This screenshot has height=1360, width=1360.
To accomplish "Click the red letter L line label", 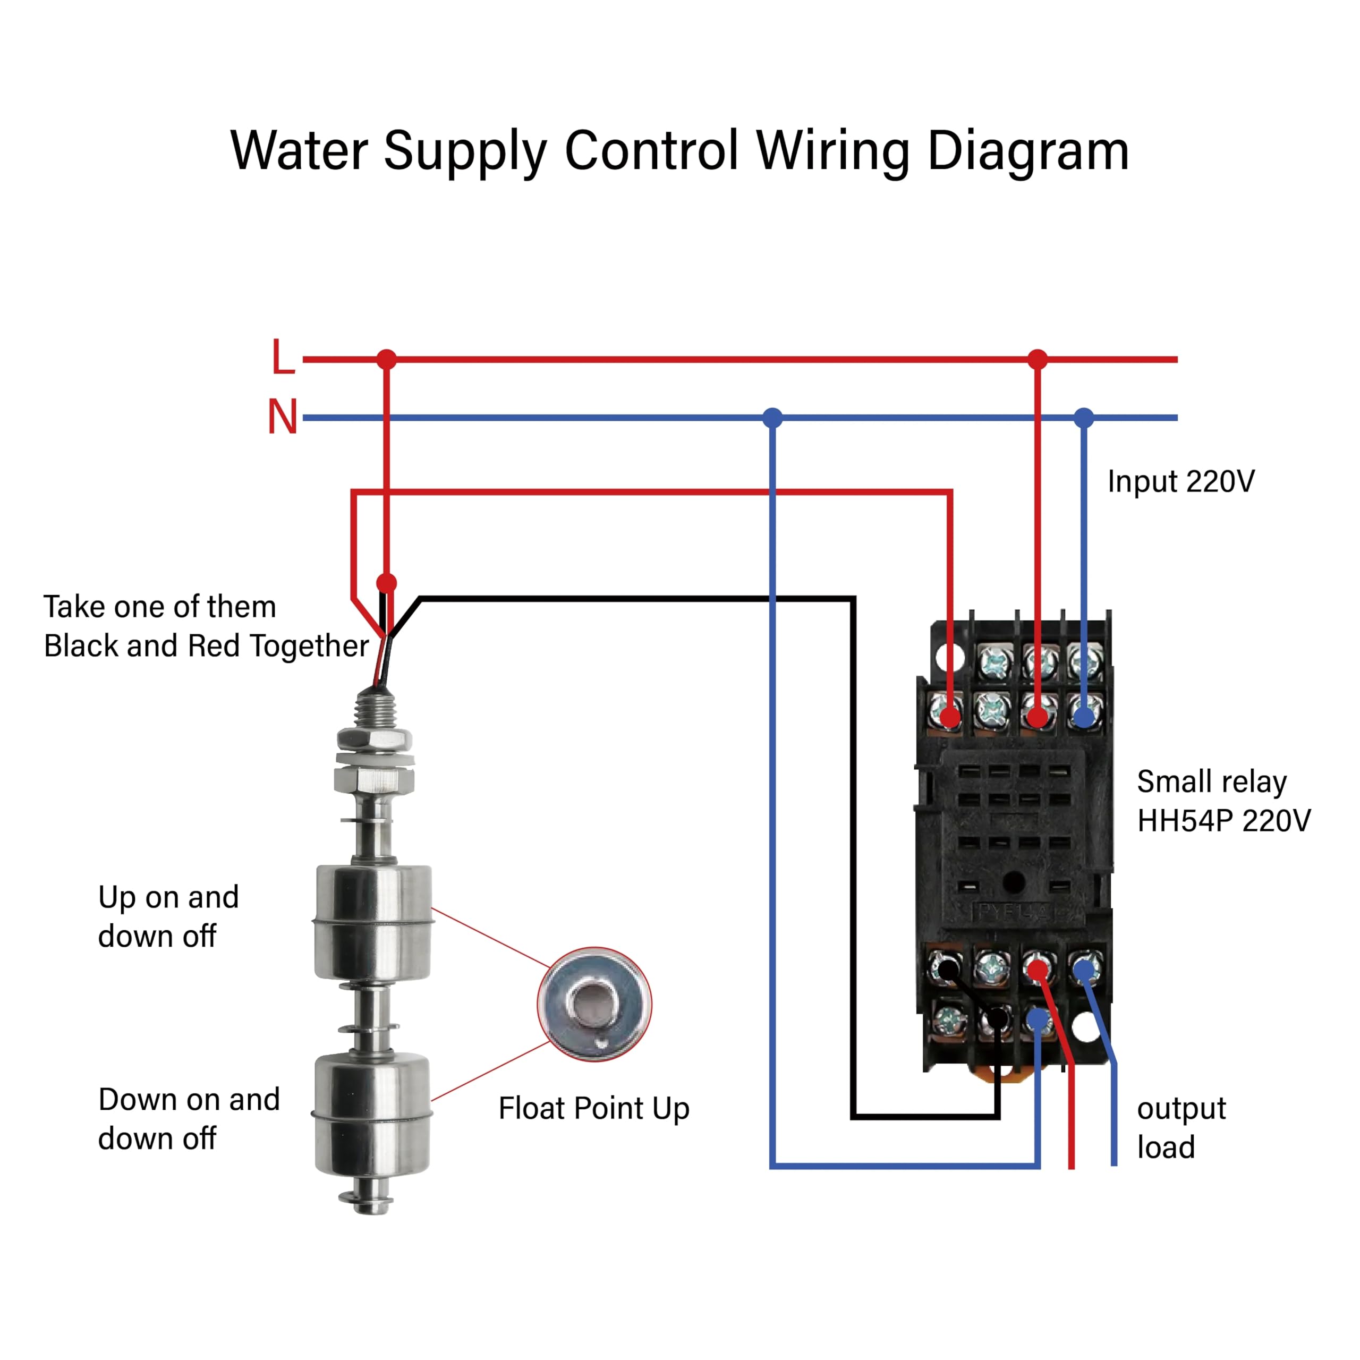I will pos(283,357).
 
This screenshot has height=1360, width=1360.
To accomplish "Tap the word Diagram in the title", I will pos(1028,151).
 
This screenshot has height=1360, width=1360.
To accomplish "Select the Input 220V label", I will pos(1181,481).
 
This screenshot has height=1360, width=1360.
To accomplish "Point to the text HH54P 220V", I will pos(1224,821).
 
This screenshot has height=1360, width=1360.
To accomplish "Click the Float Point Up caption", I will pos(594,1108).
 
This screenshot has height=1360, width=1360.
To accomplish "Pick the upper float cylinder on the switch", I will pos(372,922).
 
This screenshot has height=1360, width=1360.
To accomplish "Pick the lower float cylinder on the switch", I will pos(372,1113).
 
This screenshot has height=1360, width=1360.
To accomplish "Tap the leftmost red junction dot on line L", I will pos(386,360).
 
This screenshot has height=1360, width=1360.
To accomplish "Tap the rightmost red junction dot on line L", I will pos(1038,360).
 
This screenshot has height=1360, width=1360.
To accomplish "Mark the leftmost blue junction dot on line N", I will pos(773,418).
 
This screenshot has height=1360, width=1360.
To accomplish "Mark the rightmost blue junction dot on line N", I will pos(1084,418).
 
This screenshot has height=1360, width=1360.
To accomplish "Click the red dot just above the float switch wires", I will pos(386,583).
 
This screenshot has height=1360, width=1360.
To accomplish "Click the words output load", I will pos(1181,1128).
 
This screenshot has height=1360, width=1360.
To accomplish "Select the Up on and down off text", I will pos(169,916).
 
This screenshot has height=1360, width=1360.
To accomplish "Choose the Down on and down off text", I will pos(189,1119).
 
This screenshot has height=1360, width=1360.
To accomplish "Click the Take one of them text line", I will pos(160,607).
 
